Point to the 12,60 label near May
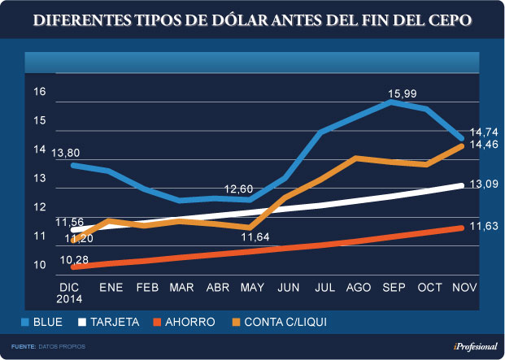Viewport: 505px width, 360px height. (x=239, y=189)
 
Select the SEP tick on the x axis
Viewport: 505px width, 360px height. (x=393, y=288)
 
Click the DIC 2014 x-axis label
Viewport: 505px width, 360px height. (x=71, y=293)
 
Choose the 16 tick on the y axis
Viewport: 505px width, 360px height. (x=39, y=91)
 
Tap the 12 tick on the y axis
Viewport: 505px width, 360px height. (x=39, y=207)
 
